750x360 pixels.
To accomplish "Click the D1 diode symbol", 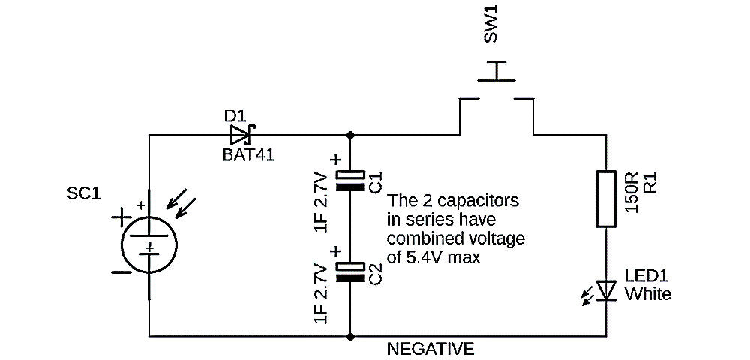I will (241, 135).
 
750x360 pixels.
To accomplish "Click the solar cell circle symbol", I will (150, 244).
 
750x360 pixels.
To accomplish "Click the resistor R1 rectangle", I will (606, 198).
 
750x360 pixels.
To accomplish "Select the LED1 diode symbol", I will (606, 289).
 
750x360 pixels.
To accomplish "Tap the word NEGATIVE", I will (430, 349).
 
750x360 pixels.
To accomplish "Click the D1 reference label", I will (235, 116).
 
